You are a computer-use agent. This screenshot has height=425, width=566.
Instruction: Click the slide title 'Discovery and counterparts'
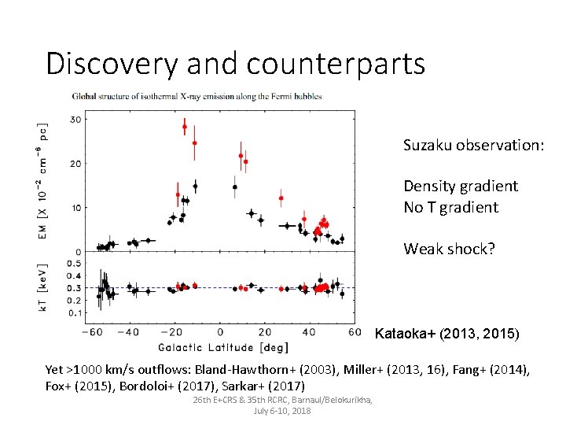pyautogui.click(x=235, y=63)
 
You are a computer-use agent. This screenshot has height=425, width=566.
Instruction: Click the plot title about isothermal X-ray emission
pyautogui.click(x=197, y=96)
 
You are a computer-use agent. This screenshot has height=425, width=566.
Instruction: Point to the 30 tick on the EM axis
pyautogui.click(x=76, y=120)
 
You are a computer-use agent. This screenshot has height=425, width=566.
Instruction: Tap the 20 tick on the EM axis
pyautogui.click(x=76, y=164)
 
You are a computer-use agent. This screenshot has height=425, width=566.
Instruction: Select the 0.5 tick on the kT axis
pyautogui.click(x=74, y=263)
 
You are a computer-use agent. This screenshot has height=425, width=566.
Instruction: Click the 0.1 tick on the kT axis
pyautogui.click(x=74, y=313)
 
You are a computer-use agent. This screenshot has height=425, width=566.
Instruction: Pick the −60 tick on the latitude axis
pyautogui.click(x=97, y=332)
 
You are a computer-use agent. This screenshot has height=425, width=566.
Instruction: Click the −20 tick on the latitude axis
pyautogui.click(x=175, y=332)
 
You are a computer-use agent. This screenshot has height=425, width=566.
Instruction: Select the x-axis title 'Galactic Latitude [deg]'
pyautogui.click(x=224, y=347)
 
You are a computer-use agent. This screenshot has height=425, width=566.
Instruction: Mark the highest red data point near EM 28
pyautogui.click(x=185, y=127)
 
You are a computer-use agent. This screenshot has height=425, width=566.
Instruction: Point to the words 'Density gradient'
pyautogui.click(x=461, y=186)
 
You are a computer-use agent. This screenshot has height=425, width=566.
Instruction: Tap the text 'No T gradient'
pyautogui.click(x=450, y=207)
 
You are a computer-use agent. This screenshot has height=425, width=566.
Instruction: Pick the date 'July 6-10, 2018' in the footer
pyautogui.click(x=282, y=411)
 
